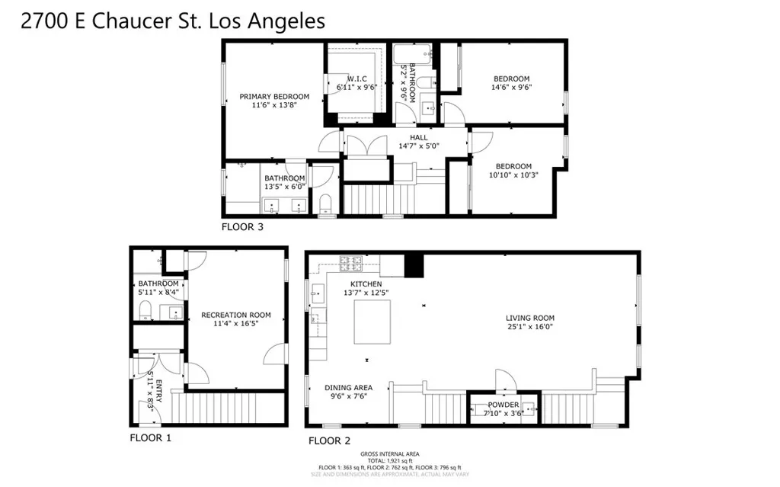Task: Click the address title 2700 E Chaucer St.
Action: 173,21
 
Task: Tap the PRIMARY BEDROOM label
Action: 274,97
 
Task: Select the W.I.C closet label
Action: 357,78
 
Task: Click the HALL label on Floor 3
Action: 419,138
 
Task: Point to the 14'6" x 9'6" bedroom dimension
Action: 512,88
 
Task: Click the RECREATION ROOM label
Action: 235,315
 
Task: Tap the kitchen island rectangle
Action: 372,321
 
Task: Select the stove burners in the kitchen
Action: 351,263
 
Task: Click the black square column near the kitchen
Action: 414,264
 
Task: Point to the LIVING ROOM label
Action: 530,318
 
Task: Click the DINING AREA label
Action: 348,387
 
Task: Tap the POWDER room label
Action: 503,405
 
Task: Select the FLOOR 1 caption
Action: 150,438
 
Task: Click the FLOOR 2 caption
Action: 329,441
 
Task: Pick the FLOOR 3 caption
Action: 243,226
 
